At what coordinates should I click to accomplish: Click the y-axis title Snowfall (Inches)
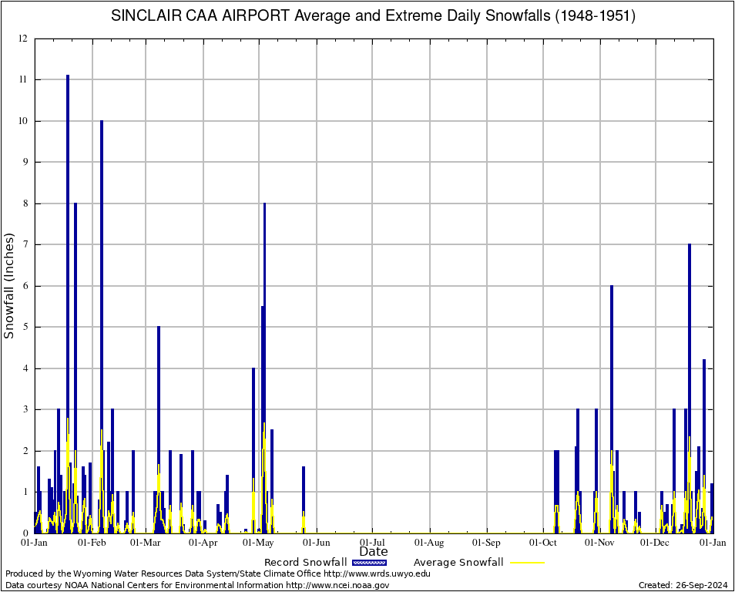[10, 286]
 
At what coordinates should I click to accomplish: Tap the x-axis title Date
[374, 551]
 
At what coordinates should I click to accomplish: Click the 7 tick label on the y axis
[25, 244]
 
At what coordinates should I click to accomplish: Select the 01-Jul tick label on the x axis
[373, 543]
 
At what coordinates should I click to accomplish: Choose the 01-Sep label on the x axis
[486, 543]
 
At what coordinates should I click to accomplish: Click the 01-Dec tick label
[656, 543]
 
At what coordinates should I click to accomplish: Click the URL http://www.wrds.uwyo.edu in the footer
[377, 573]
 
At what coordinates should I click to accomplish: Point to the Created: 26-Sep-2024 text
[683, 585]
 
